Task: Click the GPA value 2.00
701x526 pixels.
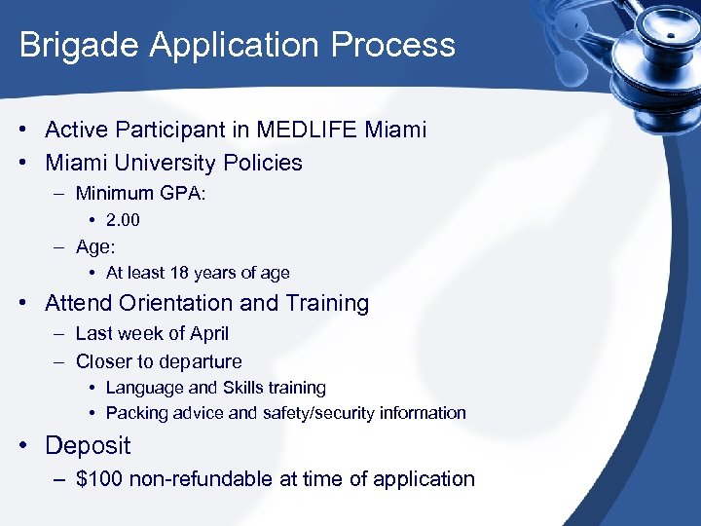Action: pos(123,220)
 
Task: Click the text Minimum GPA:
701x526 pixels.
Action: pos(140,193)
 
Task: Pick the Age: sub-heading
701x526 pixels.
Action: pos(95,247)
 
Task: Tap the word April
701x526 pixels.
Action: pos(209,334)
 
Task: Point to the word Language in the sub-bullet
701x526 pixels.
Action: pos(140,388)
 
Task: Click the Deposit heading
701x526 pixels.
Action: pos(88,446)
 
